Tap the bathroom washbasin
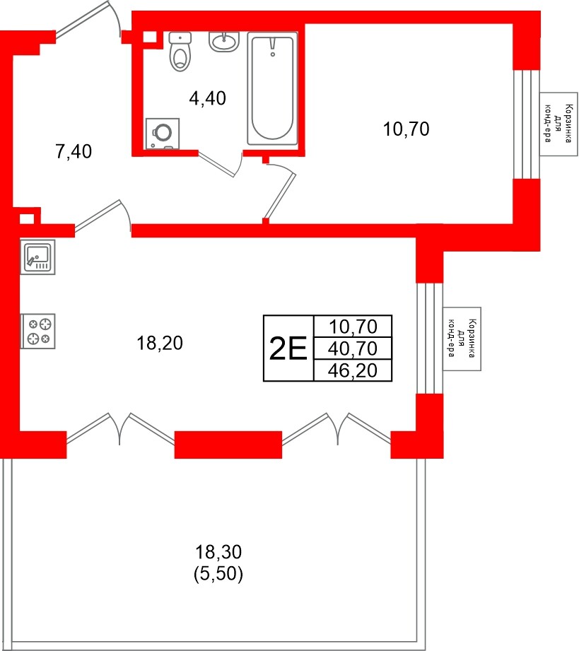click(224, 42)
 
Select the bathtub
click(272, 88)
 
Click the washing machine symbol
click(163, 134)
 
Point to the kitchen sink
click(37, 257)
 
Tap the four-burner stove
click(38, 331)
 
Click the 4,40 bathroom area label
click(207, 98)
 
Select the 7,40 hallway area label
click(74, 151)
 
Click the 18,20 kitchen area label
click(160, 344)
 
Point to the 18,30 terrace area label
click(218, 552)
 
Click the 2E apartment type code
click(288, 348)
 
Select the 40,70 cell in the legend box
click(353, 348)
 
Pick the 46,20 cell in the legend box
click(353, 370)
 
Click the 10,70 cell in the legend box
click(353, 327)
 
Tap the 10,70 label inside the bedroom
click(407, 129)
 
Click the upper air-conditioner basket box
click(558, 124)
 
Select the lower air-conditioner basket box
click(462, 339)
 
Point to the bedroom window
click(526, 124)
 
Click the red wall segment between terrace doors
click(228, 445)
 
